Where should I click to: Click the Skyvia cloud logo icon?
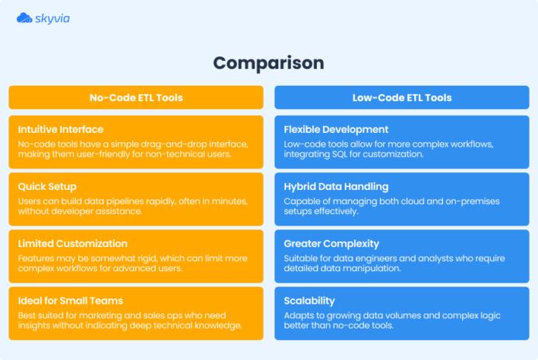(24, 17)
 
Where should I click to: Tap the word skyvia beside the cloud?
(53, 17)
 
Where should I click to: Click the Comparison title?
(268, 63)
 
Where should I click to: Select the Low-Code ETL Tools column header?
(402, 97)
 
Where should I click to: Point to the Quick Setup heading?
(49, 187)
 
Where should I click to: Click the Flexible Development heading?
(336, 130)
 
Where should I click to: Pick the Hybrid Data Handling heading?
(336, 187)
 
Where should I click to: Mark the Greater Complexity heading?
(331, 244)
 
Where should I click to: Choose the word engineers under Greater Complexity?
(371, 258)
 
